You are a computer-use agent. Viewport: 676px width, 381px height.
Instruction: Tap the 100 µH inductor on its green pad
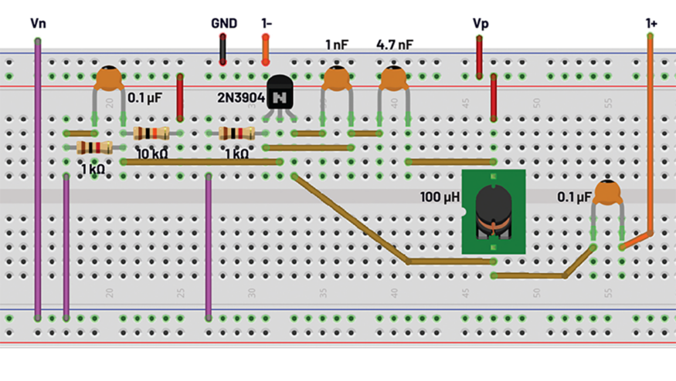(493, 211)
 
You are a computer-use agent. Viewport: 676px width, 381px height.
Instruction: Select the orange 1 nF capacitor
(336, 79)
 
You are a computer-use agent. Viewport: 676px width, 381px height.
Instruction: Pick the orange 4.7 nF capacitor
(393, 79)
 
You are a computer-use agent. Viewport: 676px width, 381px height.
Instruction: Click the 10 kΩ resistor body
(151, 133)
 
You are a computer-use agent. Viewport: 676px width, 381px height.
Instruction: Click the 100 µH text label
(440, 197)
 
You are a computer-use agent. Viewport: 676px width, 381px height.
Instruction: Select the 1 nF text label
(336, 45)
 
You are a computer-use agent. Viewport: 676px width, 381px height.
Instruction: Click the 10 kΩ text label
(151, 153)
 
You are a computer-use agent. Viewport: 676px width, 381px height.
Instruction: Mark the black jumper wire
(223, 49)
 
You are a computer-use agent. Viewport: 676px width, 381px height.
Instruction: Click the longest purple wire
(37, 177)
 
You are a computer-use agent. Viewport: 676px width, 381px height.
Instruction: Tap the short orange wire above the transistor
(266, 49)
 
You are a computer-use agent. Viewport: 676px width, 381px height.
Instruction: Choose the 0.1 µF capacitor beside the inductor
(608, 193)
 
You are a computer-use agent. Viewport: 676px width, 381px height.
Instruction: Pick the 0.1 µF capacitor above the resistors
(109, 78)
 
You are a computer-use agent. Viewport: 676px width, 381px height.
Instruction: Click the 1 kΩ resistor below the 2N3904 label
(236, 133)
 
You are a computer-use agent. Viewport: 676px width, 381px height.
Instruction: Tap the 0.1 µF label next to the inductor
(574, 197)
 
